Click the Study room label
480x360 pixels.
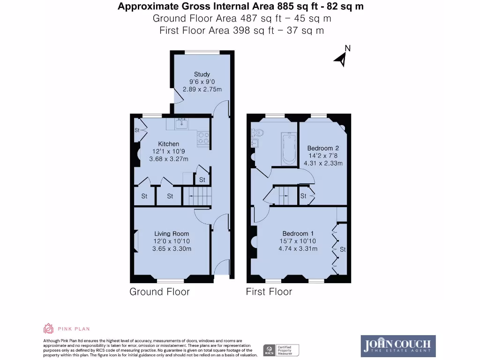click(x=202, y=74)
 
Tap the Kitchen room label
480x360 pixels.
click(x=168, y=144)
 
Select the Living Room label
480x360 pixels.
click(x=172, y=233)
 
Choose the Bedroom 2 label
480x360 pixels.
click(x=320, y=149)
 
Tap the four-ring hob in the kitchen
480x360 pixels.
click(x=203, y=138)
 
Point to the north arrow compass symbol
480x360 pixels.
click(x=342, y=57)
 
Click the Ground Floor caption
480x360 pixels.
click(x=159, y=292)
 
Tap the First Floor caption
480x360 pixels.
click(x=269, y=292)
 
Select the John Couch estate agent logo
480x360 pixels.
click(x=398, y=346)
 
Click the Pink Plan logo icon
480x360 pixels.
click(x=48, y=328)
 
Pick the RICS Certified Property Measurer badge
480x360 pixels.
click(x=280, y=350)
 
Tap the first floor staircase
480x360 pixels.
click(x=284, y=195)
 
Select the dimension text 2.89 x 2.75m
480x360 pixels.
click(x=202, y=89)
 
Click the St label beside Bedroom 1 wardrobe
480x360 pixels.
click(x=343, y=250)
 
